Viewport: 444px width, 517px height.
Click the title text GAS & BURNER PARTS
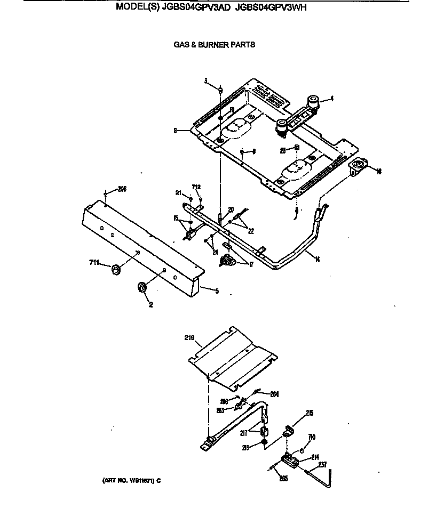pos(214,45)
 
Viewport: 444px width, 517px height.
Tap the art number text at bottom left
pos(131,480)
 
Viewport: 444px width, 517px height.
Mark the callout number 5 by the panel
pos(217,292)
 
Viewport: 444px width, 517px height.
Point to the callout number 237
pos(322,464)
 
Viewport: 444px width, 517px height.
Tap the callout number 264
pos(274,394)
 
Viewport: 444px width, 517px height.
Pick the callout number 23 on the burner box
pos(283,151)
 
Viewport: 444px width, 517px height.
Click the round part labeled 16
pos(358,168)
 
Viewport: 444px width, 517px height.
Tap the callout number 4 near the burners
pos(331,98)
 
